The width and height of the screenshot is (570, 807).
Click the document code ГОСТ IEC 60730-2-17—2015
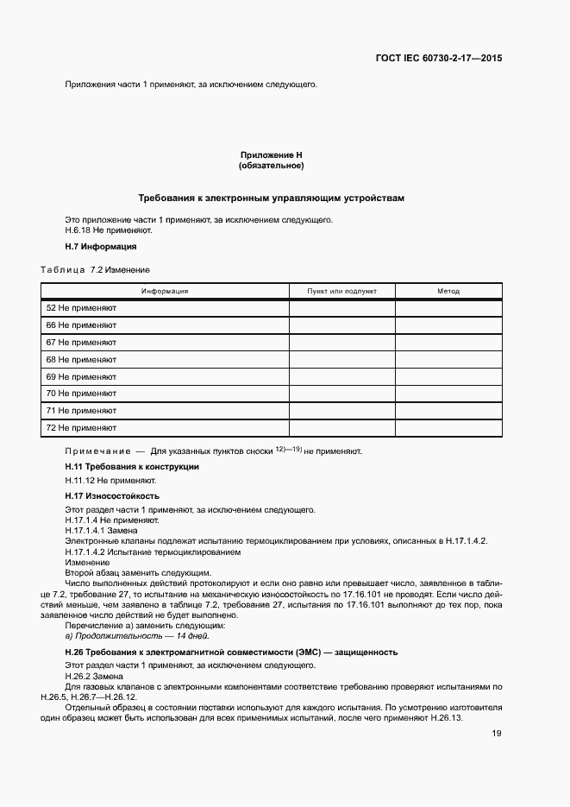click(439, 59)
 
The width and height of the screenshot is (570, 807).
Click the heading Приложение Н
click(271, 155)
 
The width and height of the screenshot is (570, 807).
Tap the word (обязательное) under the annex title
click(271, 165)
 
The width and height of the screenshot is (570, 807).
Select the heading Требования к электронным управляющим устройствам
click(271, 198)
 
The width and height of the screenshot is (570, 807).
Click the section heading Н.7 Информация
click(101, 246)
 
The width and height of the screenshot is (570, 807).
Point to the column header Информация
click(165, 292)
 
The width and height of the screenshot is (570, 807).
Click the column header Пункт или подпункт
click(341, 292)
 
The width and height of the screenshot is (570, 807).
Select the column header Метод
click(448, 292)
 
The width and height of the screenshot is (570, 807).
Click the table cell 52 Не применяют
click(81, 308)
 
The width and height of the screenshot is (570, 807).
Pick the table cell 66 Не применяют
click(81, 325)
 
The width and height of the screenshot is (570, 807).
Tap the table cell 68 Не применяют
click(81, 359)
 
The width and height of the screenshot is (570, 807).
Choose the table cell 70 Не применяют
click(81, 394)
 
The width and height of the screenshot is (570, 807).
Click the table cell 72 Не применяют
click(81, 427)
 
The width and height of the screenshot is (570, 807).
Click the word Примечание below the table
click(95, 451)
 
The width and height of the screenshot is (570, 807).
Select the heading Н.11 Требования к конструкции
click(132, 467)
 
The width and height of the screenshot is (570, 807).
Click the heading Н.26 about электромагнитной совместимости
click(231, 652)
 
